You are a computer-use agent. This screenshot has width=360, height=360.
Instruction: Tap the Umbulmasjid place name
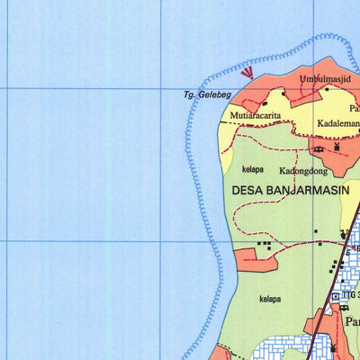[323, 78]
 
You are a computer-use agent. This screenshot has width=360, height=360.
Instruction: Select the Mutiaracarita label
[254, 116]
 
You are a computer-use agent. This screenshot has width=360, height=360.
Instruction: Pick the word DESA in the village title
[247, 191]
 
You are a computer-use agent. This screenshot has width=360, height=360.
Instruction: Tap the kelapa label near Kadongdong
[253, 168]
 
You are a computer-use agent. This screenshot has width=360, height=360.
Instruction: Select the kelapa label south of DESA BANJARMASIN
[269, 299]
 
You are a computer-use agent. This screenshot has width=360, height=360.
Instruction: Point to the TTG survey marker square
[336, 296]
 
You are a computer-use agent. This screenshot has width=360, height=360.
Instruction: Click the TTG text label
[350, 295]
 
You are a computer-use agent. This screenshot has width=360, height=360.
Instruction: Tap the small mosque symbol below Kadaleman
[337, 146]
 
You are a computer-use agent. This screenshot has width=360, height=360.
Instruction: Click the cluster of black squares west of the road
[264, 243]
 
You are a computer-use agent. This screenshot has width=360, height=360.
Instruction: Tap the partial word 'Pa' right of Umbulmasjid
[355, 108]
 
